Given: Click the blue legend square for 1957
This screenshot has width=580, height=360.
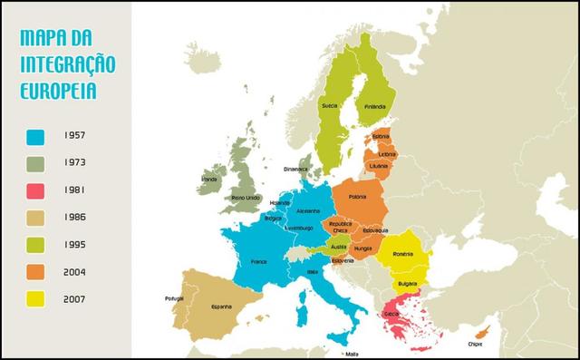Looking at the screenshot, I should (36, 138).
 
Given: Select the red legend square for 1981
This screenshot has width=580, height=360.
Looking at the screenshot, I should (36, 190).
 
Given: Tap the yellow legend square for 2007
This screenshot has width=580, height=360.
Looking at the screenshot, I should (36, 298).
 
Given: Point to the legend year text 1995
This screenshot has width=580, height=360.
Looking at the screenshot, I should (77, 244).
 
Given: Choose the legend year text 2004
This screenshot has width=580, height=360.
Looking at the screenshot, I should (77, 271).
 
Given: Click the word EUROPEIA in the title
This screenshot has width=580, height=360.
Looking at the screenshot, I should (58, 91).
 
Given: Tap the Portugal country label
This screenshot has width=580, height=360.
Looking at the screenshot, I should (174, 298).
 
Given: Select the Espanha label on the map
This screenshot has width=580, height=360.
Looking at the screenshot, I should (222, 306).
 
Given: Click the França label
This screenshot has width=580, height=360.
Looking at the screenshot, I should (258, 261).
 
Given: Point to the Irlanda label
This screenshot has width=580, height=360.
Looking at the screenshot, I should (209, 180).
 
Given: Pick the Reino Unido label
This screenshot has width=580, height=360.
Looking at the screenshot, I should (246, 197).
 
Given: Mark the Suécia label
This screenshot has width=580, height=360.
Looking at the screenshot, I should (330, 105).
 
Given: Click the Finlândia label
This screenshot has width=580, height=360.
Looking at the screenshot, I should (374, 106).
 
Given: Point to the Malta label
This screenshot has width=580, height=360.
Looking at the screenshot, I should (350, 354).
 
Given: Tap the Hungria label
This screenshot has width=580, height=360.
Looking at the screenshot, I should (363, 247).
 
